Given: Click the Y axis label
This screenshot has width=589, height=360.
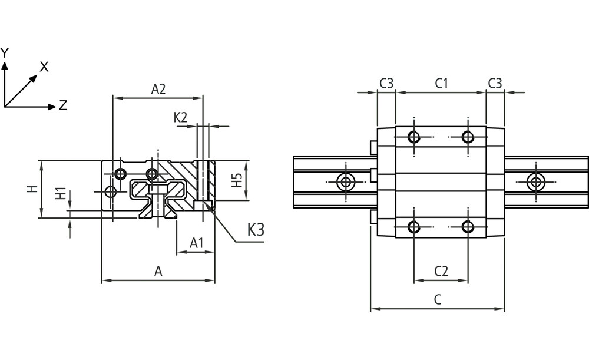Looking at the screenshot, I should click(x=5, y=53).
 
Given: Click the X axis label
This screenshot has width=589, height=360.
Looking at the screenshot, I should click(x=44, y=67).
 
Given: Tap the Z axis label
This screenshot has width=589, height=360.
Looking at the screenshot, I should click(x=63, y=106).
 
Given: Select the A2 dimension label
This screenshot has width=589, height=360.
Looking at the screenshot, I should click(x=158, y=90).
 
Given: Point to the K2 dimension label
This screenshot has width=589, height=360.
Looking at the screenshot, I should click(x=181, y=117).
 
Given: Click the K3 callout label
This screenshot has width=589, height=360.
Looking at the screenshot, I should click(x=255, y=230).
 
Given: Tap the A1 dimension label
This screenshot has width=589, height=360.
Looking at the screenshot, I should click(x=197, y=242).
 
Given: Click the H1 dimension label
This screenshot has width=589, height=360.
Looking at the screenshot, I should click(x=60, y=194).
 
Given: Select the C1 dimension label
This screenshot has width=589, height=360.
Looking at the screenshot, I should click(x=442, y=83).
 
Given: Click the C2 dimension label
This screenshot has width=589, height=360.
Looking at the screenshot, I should click(x=441, y=271).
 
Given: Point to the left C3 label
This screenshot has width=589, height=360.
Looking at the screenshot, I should click(x=386, y=83).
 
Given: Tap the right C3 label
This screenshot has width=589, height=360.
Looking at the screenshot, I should click(x=495, y=83).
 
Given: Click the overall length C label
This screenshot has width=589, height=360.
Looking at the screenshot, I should click(x=437, y=299).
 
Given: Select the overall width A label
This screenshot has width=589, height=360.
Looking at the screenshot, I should click(x=158, y=272).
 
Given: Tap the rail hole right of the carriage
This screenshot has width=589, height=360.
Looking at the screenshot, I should click(x=535, y=181).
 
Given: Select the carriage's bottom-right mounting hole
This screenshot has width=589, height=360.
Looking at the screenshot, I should click(x=468, y=227).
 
